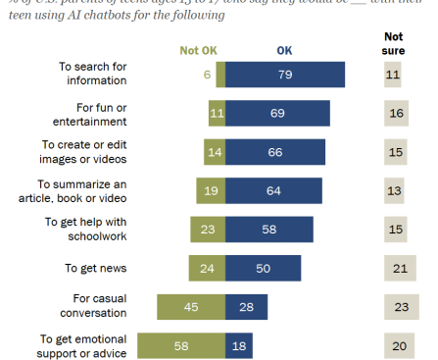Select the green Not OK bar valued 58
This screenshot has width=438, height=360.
(x=180, y=345)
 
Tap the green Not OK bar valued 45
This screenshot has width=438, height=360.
(x=191, y=306)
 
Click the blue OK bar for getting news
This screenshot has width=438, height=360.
(x=263, y=268)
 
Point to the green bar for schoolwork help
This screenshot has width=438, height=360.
(x=208, y=230)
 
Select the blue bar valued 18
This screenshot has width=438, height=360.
(x=238, y=345)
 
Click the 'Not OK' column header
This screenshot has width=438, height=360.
(x=198, y=50)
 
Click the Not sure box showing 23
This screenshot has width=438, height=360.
(x=400, y=306)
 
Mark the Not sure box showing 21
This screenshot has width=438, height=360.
(x=400, y=268)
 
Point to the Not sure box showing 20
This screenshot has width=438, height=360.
(x=400, y=345)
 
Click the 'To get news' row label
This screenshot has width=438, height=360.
(x=96, y=268)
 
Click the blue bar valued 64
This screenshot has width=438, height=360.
(x=273, y=190)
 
